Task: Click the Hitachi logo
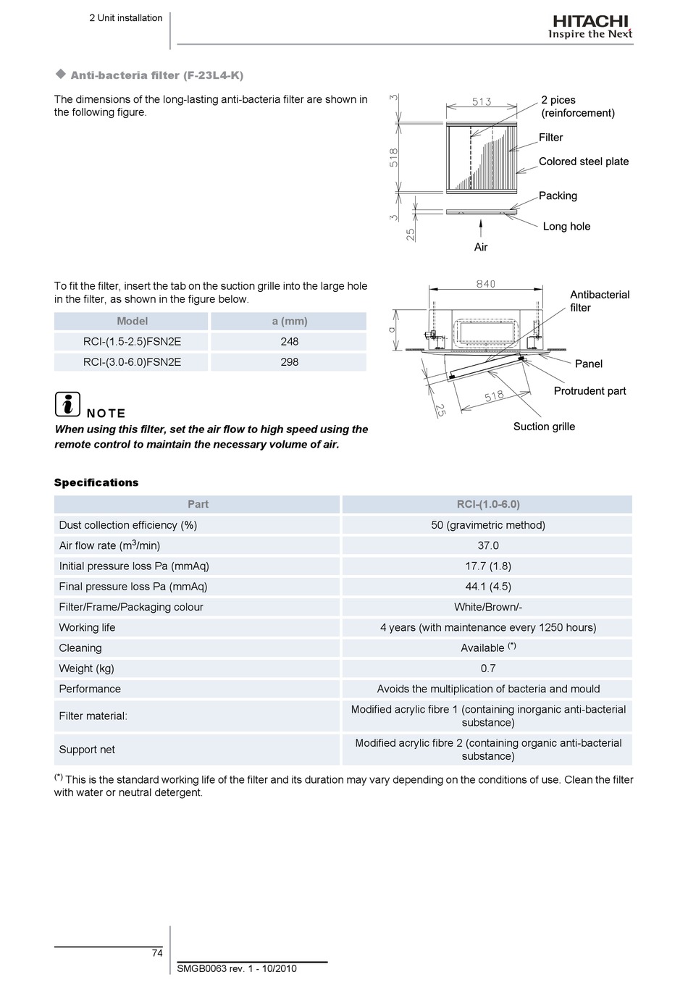coord(590,27)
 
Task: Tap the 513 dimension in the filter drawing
coord(482,101)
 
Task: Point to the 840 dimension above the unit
coord(486,284)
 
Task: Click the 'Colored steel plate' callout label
coord(584,162)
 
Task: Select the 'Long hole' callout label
coord(566,227)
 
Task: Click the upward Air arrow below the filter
coord(481,229)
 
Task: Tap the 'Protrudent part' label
coord(590,391)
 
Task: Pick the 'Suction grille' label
coord(545,427)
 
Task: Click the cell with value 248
coord(289,342)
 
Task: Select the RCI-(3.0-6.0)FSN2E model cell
coord(132,362)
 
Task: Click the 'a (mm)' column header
coord(289,322)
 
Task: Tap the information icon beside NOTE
coord(67,404)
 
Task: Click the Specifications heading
coord(96,482)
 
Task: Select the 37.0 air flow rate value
coord(488,545)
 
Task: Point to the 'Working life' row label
coord(87,627)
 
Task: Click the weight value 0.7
coord(488,668)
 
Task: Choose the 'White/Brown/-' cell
coord(488,607)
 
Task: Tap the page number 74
coord(157,953)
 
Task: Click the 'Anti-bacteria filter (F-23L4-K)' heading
coord(157,75)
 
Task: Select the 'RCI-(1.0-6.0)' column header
coord(488,504)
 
